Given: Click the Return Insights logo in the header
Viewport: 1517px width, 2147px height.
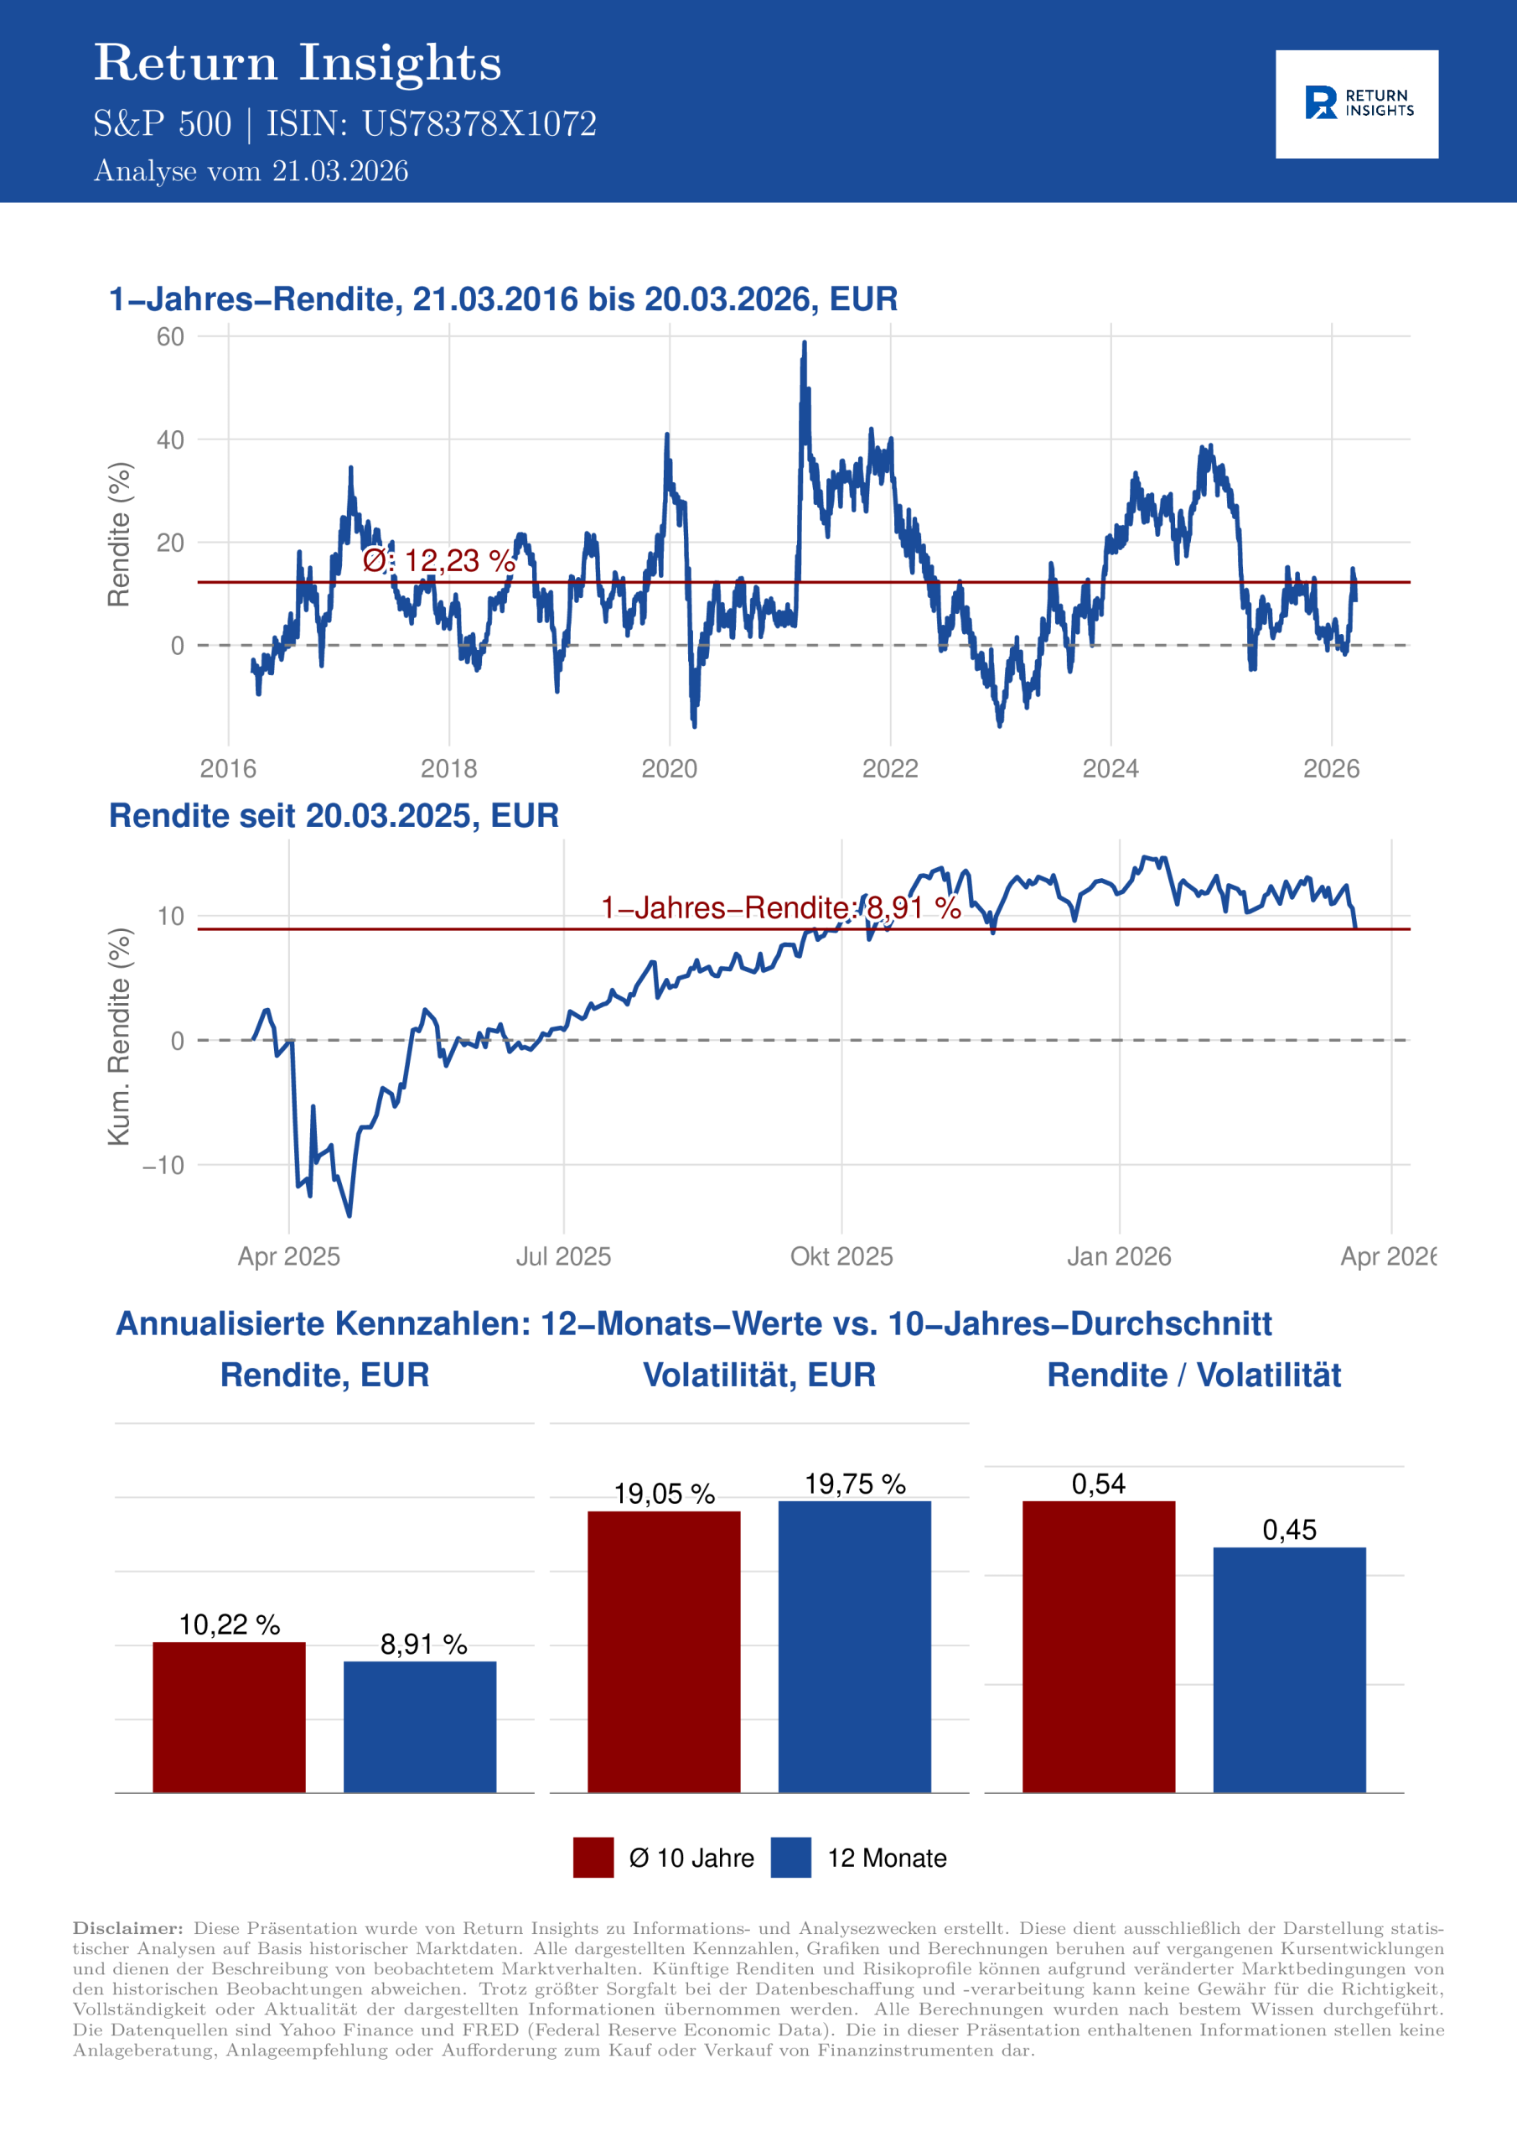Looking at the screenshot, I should tap(1356, 104).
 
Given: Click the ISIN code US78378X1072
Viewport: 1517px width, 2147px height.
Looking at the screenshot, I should tap(479, 124).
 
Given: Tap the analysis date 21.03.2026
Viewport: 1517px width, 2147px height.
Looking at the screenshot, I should tap(340, 171).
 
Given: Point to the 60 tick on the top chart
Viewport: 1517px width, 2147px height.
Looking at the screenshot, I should tap(170, 336).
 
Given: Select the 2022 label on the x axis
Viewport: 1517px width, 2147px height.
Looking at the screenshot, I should tap(890, 769).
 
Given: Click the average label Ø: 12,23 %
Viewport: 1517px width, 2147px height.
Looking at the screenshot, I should tap(438, 561).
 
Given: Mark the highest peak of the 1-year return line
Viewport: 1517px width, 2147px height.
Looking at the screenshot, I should tap(804, 344).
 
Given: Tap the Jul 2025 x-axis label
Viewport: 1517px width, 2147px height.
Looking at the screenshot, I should tap(562, 1255).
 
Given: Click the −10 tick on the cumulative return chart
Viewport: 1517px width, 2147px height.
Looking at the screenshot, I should tap(163, 1165).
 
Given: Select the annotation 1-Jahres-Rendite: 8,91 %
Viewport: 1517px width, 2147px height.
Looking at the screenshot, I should tap(780, 908).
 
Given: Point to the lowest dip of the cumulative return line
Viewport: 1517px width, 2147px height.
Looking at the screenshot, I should tap(349, 1214).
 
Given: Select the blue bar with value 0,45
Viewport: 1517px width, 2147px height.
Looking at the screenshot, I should tap(1289, 1670).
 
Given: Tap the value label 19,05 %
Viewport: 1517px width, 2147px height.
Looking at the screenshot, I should tap(664, 1495).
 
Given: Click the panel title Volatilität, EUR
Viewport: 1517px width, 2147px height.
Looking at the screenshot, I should tap(759, 1375).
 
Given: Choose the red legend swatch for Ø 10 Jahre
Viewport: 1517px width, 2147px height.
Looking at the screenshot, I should tap(593, 1857).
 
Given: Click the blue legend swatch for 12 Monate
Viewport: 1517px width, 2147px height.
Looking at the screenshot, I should tap(790, 1857).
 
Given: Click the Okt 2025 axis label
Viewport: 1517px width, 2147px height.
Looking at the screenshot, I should tap(841, 1255).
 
